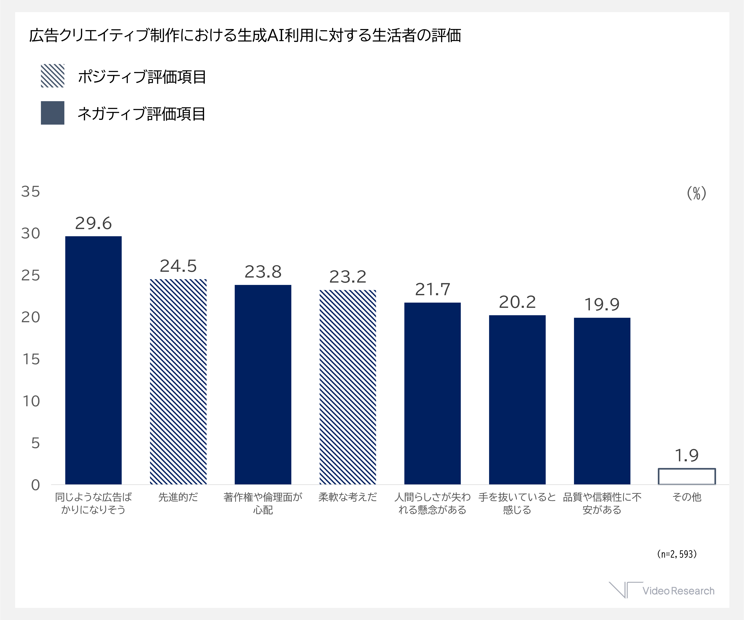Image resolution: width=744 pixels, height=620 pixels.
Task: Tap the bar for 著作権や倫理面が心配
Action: (263, 385)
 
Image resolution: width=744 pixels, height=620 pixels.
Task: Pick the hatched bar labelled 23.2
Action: (348, 387)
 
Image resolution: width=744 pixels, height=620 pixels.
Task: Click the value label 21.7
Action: (433, 289)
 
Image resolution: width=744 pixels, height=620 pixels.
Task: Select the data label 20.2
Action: (517, 302)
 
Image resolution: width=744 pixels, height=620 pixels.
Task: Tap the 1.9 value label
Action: (687, 455)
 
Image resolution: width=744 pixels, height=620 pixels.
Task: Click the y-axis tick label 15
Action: (31, 359)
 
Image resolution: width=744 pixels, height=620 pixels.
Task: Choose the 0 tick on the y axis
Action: (36, 485)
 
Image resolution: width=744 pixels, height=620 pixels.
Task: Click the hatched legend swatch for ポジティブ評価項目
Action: (52, 76)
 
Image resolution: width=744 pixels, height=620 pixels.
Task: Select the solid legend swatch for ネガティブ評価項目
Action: (52, 113)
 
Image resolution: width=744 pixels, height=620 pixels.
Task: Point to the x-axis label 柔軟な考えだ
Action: (348, 497)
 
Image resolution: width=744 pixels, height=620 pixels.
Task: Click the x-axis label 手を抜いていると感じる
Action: (517, 503)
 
